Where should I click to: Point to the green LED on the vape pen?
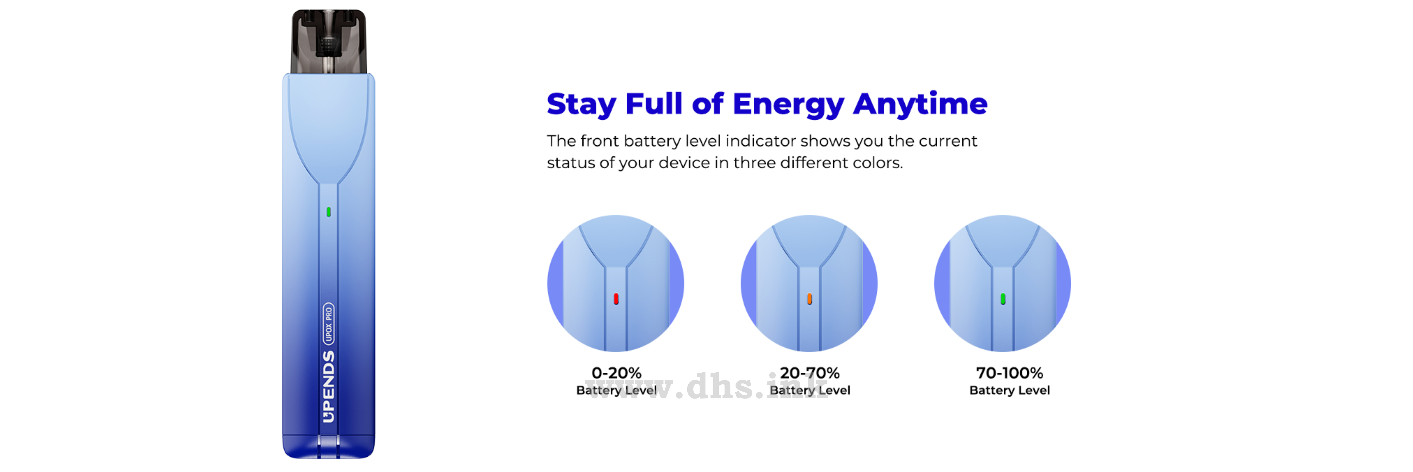328,212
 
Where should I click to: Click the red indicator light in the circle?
616,299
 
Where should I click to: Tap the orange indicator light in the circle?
810,299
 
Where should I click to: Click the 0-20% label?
617,373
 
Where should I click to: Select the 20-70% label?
810,373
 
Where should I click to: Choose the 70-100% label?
1009,373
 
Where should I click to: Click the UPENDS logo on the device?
328,387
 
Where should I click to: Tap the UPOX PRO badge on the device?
328,324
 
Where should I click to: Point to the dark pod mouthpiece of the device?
328,41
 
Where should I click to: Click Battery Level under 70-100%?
1009,390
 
